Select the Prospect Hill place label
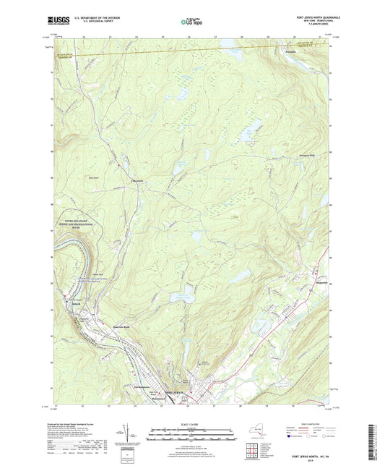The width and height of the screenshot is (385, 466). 306,155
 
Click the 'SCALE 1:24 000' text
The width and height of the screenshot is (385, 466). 192,424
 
